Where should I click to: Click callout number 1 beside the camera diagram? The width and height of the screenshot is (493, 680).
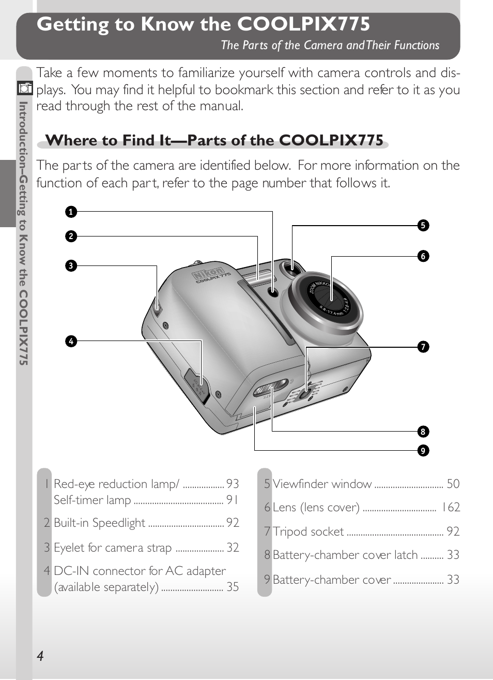71,212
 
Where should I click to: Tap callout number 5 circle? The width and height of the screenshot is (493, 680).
423,225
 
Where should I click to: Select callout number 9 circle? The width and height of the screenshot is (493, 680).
423,450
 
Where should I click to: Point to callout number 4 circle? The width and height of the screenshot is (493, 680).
71,341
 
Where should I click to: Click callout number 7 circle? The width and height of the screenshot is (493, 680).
423,347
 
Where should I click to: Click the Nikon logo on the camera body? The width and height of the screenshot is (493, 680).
209,273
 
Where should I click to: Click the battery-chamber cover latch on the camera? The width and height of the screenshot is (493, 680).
271,388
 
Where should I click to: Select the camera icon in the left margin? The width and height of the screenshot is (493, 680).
24,88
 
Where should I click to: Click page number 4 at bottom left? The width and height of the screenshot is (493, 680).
40,656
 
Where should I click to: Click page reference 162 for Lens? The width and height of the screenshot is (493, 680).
450,507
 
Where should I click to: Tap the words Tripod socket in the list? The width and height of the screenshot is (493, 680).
308,531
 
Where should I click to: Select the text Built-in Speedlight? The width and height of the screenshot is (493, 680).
99,523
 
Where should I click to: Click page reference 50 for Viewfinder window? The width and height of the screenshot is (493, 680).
453,484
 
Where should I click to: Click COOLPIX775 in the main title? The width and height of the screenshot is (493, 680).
303,24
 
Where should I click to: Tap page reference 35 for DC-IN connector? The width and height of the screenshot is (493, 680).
233,587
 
